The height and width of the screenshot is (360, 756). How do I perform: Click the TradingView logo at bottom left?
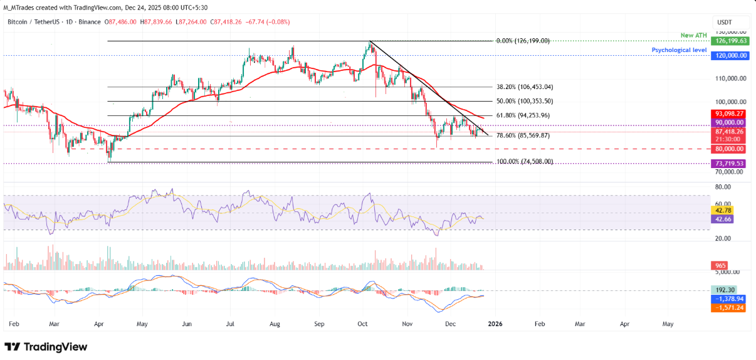click(x=46, y=347)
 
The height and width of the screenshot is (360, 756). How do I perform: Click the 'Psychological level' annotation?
click(x=679, y=50)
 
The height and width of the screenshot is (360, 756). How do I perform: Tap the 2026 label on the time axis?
click(x=495, y=324)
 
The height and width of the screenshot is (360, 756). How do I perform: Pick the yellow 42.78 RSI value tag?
click(x=724, y=210)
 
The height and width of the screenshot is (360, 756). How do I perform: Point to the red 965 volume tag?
click(x=721, y=266)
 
